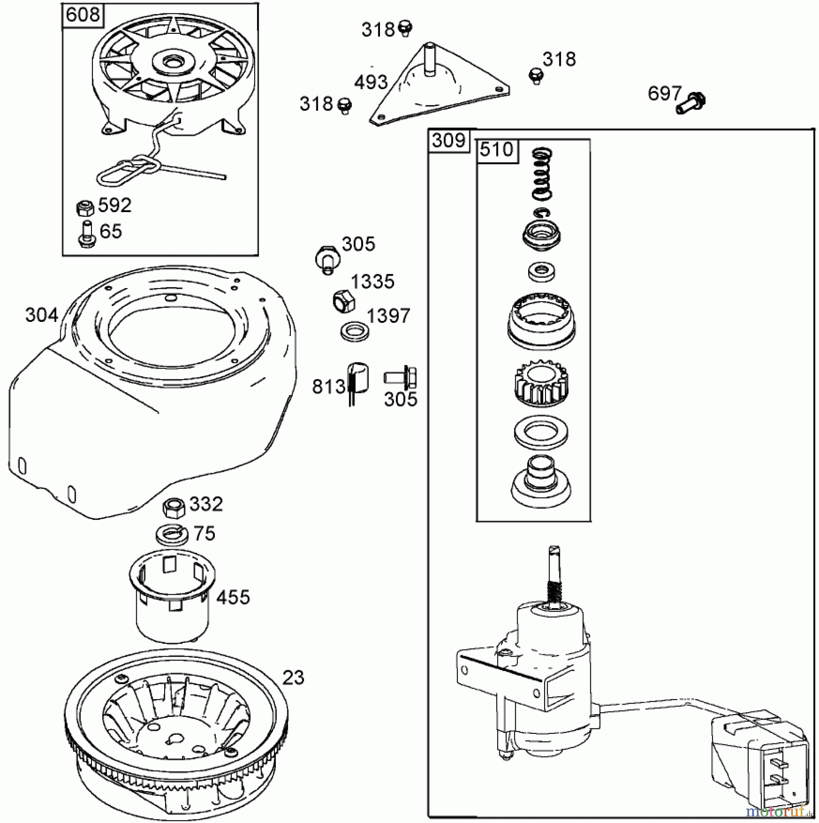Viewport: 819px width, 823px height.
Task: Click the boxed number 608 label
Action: pyautogui.click(x=82, y=15)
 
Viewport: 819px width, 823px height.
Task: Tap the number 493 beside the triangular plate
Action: pyautogui.click(x=371, y=83)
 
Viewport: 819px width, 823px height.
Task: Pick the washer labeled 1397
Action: pyautogui.click(x=355, y=331)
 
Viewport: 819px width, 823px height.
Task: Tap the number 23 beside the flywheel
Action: pyautogui.click(x=293, y=678)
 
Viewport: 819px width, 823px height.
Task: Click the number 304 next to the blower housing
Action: pyautogui.click(x=41, y=315)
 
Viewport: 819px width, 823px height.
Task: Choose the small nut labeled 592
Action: pyautogui.click(x=84, y=208)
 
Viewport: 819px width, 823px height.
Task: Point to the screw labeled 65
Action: pyautogui.click(x=86, y=234)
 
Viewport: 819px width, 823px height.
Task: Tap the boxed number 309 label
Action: pyautogui.click(x=449, y=140)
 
